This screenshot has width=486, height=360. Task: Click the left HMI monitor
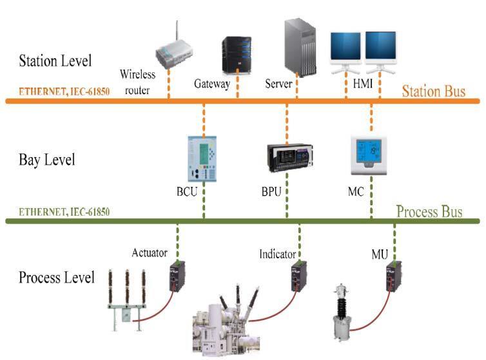[x=346, y=48]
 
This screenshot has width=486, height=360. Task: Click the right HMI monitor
[x=381, y=48]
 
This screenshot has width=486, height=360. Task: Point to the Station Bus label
[x=433, y=91]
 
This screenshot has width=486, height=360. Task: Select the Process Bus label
[x=429, y=211]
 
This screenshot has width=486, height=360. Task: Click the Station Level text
[x=55, y=62]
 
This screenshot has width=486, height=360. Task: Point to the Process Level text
[x=57, y=278]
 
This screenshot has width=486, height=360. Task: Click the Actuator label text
[x=150, y=252]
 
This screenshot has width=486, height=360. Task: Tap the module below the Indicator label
[x=298, y=276]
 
